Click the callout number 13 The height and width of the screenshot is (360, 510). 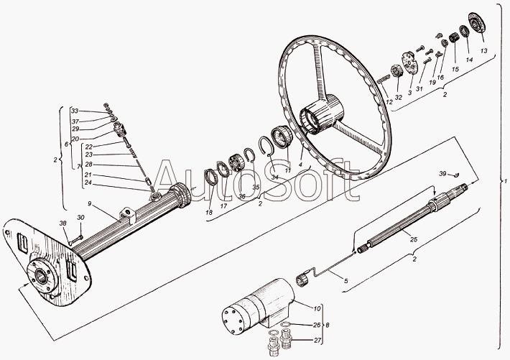click(484, 51)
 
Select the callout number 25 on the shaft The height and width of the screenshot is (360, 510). click(413, 239)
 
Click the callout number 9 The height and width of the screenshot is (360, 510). click(91, 204)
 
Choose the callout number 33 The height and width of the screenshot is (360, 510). click(75, 111)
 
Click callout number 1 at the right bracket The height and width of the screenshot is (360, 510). click(505, 180)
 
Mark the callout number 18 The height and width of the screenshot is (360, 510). click(209, 213)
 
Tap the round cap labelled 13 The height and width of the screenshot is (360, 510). click(475, 21)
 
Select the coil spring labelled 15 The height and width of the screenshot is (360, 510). click(454, 36)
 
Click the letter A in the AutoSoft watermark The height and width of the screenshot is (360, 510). click(170, 183)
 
